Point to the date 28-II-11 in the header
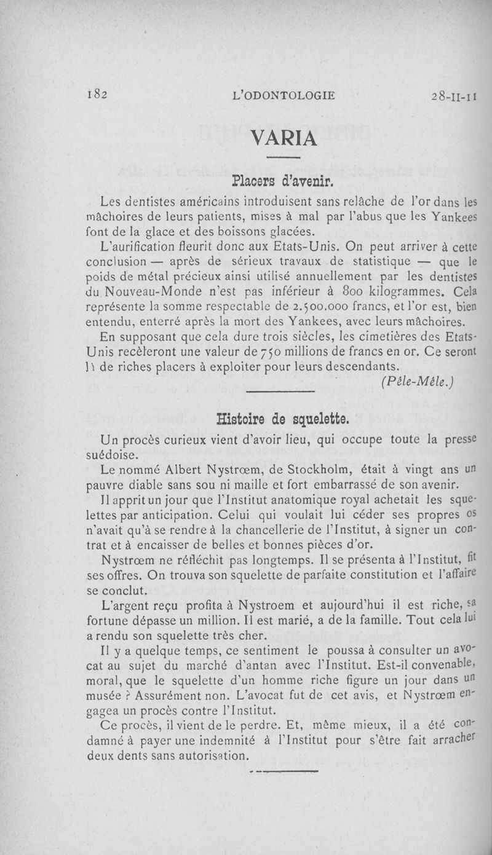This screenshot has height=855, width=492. point(455,96)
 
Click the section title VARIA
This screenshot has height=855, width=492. point(284,138)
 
